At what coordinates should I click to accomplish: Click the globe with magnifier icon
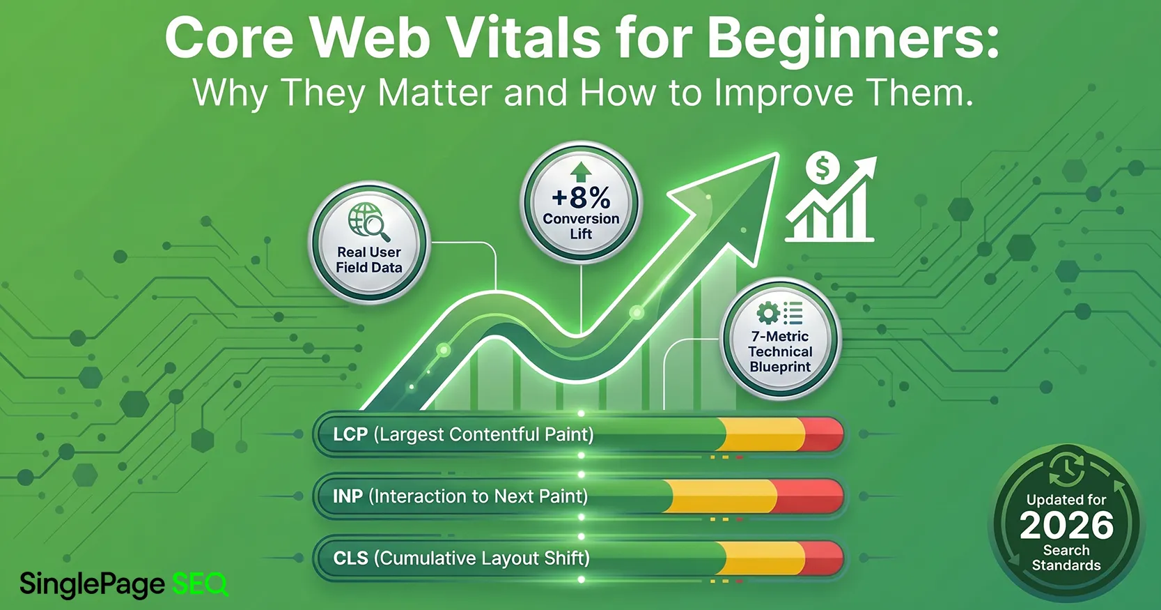click(x=368, y=221)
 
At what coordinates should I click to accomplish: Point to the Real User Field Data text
click(x=368, y=260)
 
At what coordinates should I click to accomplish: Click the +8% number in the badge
click(x=581, y=198)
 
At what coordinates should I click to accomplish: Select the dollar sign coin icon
click(x=823, y=168)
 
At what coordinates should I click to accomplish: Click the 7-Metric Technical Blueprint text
click(x=780, y=351)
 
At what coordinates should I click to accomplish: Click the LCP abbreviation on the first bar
click(x=350, y=434)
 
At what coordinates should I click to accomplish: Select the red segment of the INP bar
click(x=808, y=496)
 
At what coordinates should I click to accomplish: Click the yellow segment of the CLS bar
click(x=764, y=558)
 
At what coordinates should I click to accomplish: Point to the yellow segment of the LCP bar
click(x=764, y=434)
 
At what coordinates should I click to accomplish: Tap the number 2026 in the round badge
click(x=1066, y=526)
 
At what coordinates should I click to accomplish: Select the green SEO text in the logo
click(x=200, y=584)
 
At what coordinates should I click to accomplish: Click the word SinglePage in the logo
click(x=92, y=584)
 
